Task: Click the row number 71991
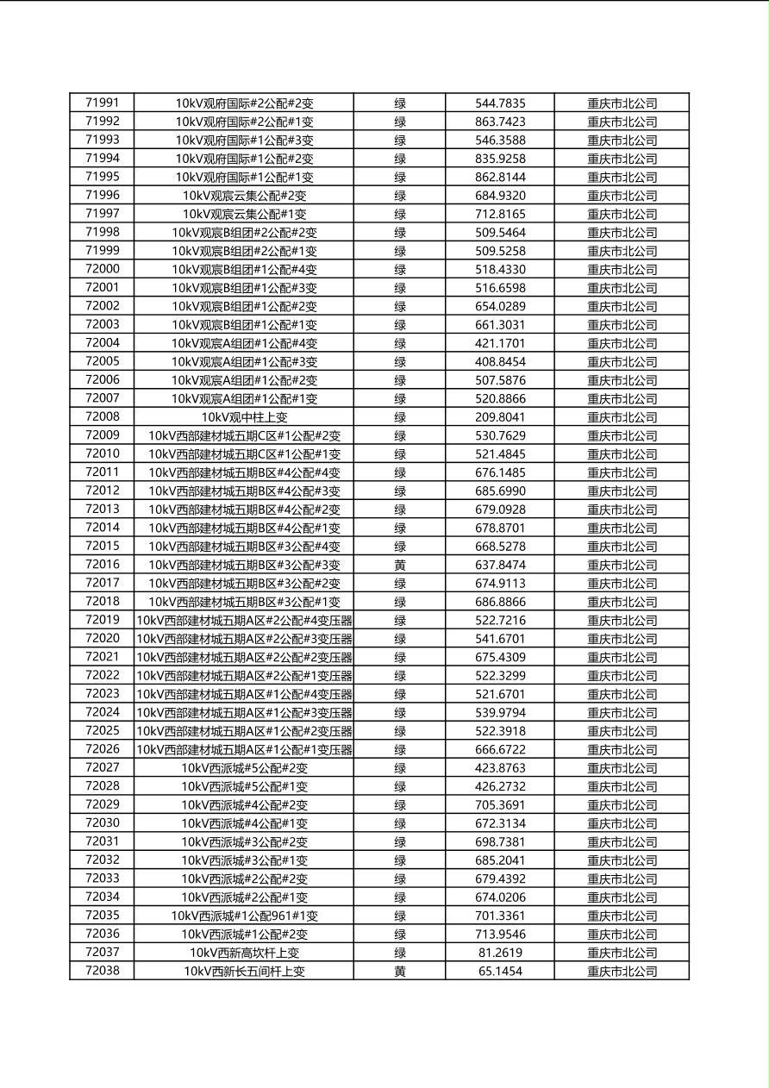[x=103, y=103]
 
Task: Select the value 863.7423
[x=500, y=122]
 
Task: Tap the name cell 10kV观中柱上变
[x=244, y=417]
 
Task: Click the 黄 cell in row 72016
[x=400, y=565]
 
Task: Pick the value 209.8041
[x=500, y=417]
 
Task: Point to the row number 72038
[x=103, y=971]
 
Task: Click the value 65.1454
[x=500, y=971]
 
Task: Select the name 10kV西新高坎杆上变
[x=244, y=953]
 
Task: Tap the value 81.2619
[x=500, y=953]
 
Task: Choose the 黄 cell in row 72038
[x=400, y=971]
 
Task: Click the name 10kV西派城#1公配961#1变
[x=244, y=916]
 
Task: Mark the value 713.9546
[x=500, y=934]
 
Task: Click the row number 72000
[x=103, y=269]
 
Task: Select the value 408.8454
[x=500, y=361]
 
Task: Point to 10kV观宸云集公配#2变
[x=244, y=196]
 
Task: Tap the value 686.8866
[x=500, y=602]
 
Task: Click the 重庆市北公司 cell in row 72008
[x=622, y=417]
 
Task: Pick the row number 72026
[x=103, y=749]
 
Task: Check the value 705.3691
[x=500, y=804]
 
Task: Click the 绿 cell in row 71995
[x=400, y=177]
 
